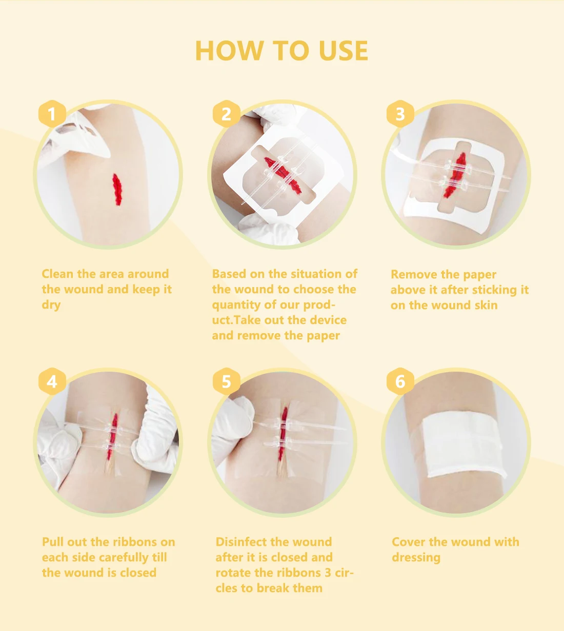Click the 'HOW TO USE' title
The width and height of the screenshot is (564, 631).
click(x=281, y=51)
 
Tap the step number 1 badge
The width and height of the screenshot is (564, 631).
click(x=51, y=114)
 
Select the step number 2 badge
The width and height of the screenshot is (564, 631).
click(x=226, y=114)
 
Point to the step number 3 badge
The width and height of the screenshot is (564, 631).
click(x=400, y=114)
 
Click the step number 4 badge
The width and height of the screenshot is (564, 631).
click(x=51, y=382)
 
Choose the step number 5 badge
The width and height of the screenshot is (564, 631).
click(x=226, y=382)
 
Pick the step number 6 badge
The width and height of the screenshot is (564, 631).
click(x=400, y=382)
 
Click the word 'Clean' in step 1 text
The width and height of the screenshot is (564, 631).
click(x=57, y=274)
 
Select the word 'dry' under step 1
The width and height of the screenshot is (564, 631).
click(x=51, y=305)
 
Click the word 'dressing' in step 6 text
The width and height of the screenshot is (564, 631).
click(x=416, y=558)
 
